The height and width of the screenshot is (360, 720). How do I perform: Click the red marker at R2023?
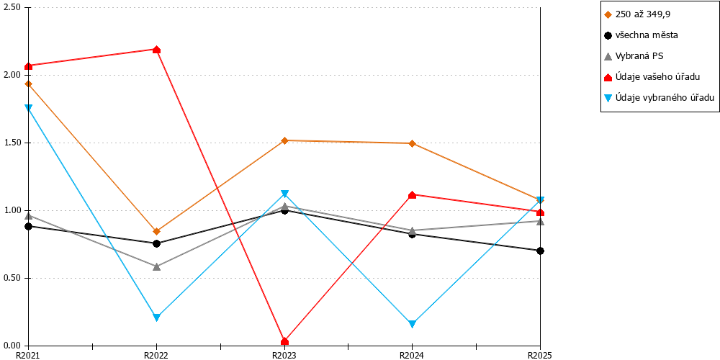tap(284, 341)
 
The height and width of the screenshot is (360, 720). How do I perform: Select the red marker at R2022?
tap(156, 50)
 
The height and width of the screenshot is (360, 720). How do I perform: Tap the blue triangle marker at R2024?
tap(413, 324)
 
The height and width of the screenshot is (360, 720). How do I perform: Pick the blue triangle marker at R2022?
tap(156, 318)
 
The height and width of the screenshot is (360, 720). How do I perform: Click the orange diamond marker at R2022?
tap(156, 231)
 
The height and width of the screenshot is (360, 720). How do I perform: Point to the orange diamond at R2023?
tap(284, 140)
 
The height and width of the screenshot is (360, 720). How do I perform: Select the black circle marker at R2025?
tap(541, 251)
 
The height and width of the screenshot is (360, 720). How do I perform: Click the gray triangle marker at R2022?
tap(156, 266)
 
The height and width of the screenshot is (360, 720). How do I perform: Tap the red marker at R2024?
tap(413, 194)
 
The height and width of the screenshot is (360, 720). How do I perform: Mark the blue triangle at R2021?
tap(29, 108)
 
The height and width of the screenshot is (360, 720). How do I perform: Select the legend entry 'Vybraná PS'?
tap(634, 56)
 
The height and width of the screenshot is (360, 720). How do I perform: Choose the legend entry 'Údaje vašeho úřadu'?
tap(652, 77)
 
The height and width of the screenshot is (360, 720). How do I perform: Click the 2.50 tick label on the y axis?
tap(12, 8)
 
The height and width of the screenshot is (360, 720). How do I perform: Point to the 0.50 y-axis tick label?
tap(12, 278)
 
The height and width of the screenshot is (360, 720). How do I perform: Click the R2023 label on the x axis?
tap(284, 355)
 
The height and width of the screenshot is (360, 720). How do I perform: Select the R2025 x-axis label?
tap(539, 355)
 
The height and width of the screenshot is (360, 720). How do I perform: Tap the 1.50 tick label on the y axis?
tap(12, 143)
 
